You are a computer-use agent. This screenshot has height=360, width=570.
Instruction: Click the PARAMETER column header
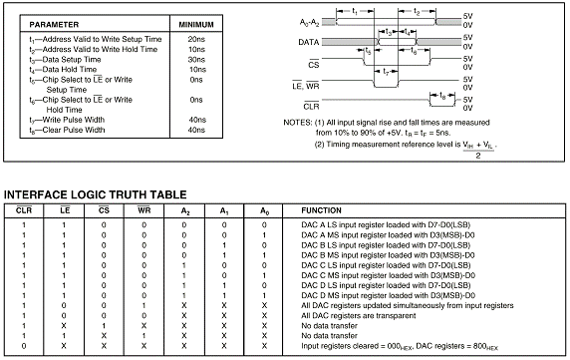[54, 25]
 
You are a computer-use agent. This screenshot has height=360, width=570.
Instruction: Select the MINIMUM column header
[196, 25]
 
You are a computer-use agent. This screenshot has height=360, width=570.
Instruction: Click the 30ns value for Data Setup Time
[196, 59]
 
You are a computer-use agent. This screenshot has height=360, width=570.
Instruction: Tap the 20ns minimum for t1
[196, 39]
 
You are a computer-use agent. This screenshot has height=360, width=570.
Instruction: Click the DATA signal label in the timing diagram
[309, 42]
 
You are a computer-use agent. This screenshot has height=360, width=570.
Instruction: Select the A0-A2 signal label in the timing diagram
[309, 23]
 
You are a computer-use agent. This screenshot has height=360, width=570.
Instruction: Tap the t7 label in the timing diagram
[386, 72]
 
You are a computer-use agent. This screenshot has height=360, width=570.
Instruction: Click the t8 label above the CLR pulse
[442, 96]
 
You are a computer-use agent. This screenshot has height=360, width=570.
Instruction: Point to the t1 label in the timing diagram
[355, 12]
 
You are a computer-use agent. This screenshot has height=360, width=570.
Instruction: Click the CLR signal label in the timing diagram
[311, 106]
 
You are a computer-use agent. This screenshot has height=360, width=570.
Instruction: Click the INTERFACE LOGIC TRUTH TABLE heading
[96, 194]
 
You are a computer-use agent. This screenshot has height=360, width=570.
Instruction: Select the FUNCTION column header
[321, 210]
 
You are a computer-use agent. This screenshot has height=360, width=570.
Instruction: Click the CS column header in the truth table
[104, 209]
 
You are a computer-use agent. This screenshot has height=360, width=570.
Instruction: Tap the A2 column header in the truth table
[185, 210]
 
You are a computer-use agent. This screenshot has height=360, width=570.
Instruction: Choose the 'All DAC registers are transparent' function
[359, 316]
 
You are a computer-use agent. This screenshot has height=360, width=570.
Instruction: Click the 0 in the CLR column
[24, 346]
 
